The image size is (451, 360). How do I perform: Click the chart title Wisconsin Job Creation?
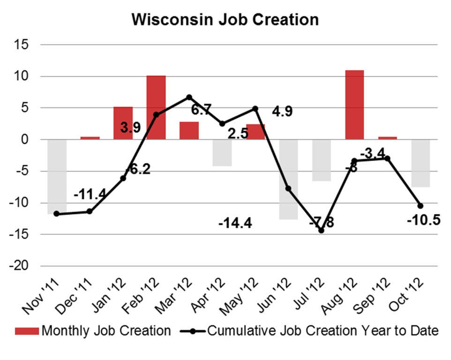[225, 20]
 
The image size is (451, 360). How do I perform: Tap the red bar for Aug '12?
[354, 105]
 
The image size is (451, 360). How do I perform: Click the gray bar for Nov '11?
[57, 176]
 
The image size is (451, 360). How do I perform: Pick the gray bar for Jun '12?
[288, 179]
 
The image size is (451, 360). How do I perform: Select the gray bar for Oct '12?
[421, 163]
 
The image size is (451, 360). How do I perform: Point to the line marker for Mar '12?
[189, 97]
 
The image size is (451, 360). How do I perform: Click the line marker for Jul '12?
[321, 230]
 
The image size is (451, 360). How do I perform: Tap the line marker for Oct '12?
[421, 206]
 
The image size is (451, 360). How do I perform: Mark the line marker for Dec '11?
[90, 211]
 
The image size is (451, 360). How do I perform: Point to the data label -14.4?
[235, 223]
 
